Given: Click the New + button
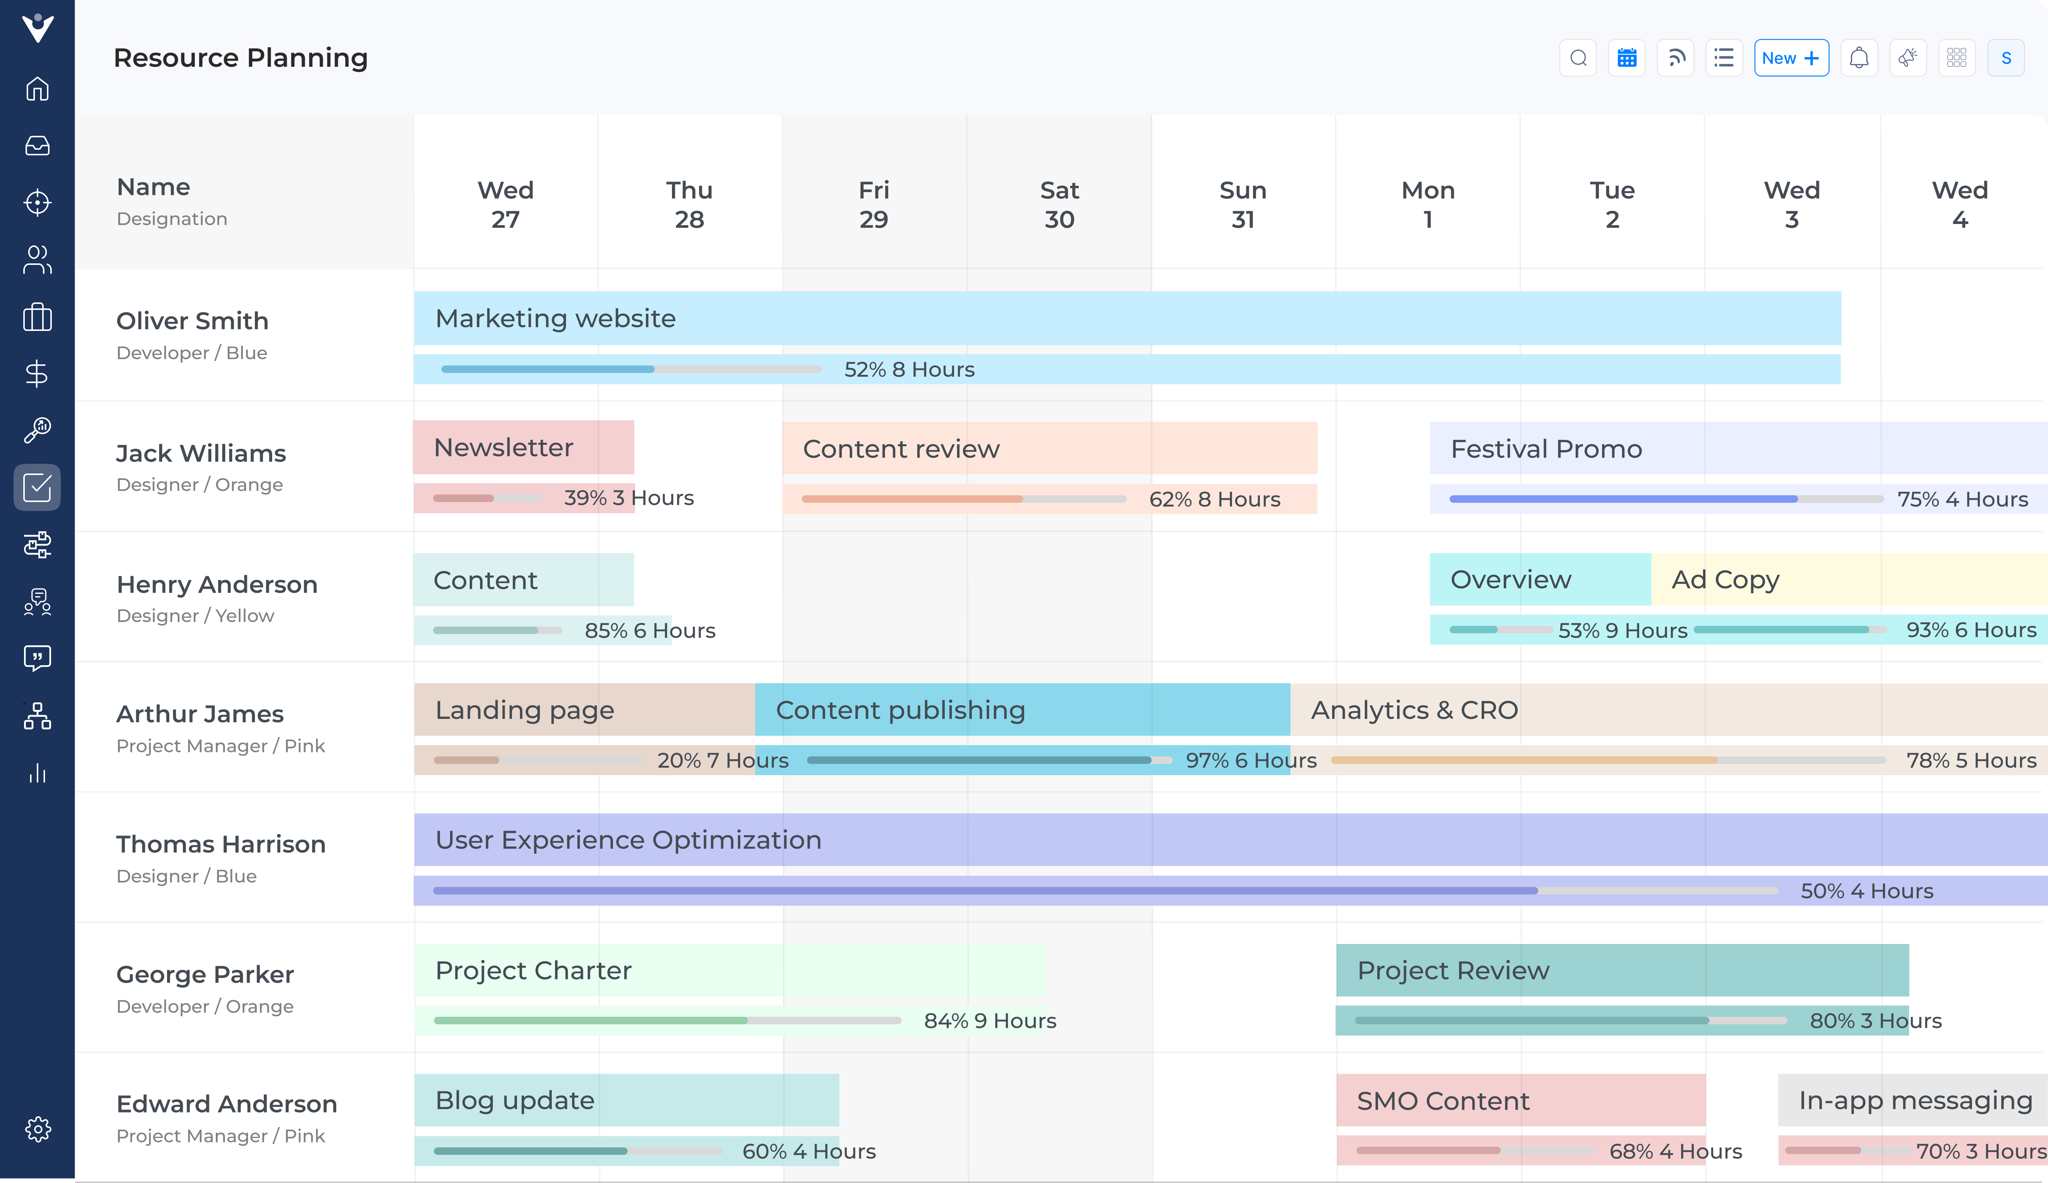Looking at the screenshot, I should [1790, 58].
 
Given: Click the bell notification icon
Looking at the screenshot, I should [1859, 58].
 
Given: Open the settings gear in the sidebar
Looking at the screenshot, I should [38, 1129].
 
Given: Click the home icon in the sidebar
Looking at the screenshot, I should [38, 89].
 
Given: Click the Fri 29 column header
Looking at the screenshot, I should [873, 204].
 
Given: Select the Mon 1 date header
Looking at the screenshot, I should [1428, 204].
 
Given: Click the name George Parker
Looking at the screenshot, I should [205, 974].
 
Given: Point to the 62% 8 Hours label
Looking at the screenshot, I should [1214, 499].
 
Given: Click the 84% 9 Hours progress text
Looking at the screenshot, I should [990, 1021].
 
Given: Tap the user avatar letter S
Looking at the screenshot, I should [2006, 58].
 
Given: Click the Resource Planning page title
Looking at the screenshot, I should [241, 58].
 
